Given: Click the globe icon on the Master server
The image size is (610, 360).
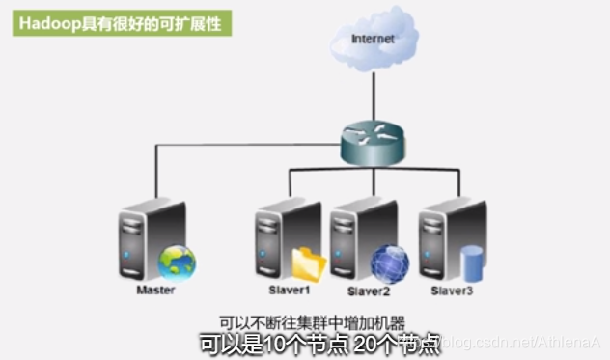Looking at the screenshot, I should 177,262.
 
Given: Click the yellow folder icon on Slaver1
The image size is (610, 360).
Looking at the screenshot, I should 310,263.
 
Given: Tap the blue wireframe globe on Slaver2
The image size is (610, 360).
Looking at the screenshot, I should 389,263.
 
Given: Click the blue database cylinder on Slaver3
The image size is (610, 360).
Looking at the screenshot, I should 471,263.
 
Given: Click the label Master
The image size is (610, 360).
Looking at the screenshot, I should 155,290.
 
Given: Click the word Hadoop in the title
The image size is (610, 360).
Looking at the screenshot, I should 44,23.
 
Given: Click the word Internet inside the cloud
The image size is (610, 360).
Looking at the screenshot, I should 373,39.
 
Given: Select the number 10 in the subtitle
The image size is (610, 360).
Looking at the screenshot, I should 274,343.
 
